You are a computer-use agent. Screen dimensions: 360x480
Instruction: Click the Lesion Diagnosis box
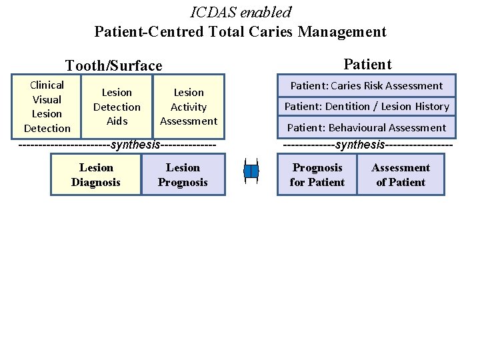tap(96, 175)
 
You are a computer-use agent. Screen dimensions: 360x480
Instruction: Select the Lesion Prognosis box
tap(183, 175)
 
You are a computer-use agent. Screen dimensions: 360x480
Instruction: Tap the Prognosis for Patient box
tap(317, 175)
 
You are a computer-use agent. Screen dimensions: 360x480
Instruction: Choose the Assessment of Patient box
tap(401, 175)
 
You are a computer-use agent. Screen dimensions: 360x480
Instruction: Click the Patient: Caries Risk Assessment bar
tap(366, 85)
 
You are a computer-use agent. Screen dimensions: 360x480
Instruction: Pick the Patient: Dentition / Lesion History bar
tap(367, 106)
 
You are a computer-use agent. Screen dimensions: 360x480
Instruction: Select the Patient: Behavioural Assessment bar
tap(367, 127)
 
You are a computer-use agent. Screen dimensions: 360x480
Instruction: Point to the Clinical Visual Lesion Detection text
tap(47, 107)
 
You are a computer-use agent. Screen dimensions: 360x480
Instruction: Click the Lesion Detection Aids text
tap(117, 107)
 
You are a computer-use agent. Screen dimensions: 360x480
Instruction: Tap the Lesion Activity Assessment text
tap(189, 107)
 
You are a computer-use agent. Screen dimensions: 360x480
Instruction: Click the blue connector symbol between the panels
tap(251, 172)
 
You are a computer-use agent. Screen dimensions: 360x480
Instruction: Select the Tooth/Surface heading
tap(113, 65)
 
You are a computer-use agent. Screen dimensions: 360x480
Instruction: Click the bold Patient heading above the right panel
tap(367, 64)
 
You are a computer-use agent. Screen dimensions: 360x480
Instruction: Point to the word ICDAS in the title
tap(213, 12)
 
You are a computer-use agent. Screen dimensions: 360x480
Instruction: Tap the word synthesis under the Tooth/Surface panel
tap(135, 145)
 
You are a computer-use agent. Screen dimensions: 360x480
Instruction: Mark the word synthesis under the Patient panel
tap(360, 145)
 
